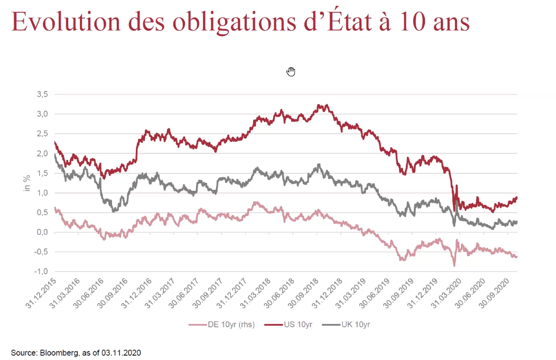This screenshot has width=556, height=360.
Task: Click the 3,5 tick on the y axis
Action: (42, 94)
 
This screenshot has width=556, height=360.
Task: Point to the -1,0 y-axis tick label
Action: (41, 272)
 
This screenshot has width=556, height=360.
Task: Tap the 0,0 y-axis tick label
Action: (42, 233)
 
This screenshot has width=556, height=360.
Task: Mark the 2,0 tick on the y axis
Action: (42, 153)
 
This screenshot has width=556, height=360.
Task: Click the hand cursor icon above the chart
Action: (291, 71)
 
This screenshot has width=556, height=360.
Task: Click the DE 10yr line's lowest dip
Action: (454, 265)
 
